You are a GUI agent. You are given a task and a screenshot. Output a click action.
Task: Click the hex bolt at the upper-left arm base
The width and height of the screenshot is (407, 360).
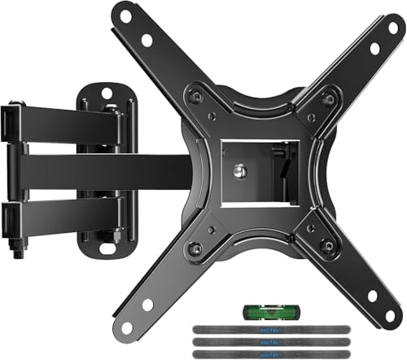point(194,92)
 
